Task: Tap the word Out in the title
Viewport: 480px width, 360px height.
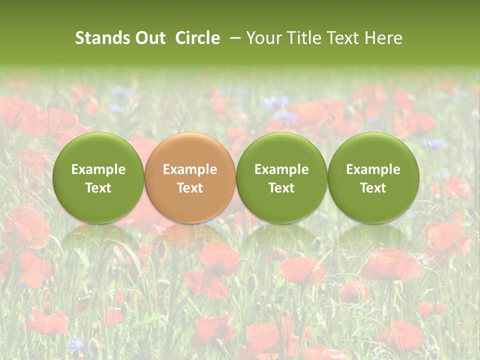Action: (149, 38)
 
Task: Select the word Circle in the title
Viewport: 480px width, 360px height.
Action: (197, 38)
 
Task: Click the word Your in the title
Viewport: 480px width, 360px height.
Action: (263, 38)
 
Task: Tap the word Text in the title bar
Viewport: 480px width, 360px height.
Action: (341, 38)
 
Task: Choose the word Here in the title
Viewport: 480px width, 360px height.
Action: (383, 38)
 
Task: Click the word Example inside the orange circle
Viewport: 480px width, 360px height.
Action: (190, 169)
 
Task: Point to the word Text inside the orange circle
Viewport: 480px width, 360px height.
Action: (190, 188)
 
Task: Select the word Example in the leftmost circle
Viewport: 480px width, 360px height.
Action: (98, 169)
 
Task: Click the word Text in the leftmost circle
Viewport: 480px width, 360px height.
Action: (98, 188)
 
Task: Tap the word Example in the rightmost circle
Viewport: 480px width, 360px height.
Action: (373, 169)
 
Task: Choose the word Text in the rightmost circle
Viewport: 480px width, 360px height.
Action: (373, 188)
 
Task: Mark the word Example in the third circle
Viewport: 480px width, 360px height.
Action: (281, 169)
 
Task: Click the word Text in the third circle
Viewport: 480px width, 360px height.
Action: (281, 188)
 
